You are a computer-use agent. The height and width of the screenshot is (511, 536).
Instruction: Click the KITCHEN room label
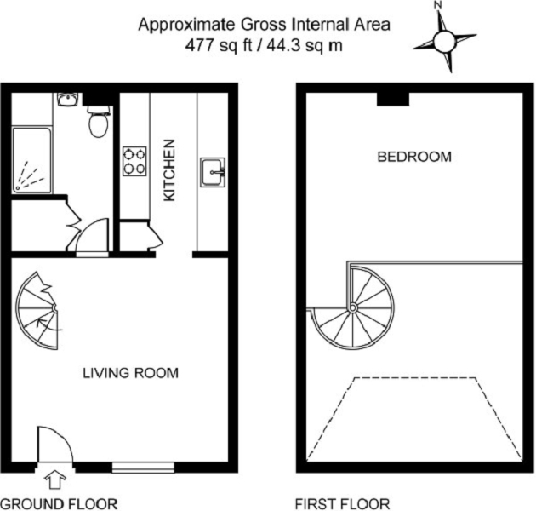click(168, 170)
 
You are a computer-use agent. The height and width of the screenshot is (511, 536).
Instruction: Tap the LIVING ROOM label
click(131, 372)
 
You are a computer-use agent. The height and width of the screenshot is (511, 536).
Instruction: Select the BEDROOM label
click(414, 157)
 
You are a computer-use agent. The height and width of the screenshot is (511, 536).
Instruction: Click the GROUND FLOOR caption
click(59, 503)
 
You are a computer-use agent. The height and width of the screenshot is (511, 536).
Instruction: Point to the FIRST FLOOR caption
click(342, 503)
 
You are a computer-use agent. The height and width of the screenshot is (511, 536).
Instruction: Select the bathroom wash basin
click(67, 100)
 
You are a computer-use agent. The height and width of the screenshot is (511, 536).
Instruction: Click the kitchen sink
click(213, 170)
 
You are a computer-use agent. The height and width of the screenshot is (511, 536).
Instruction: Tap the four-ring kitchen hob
click(134, 162)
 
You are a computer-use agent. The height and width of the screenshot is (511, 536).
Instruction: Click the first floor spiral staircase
click(352, 307)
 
